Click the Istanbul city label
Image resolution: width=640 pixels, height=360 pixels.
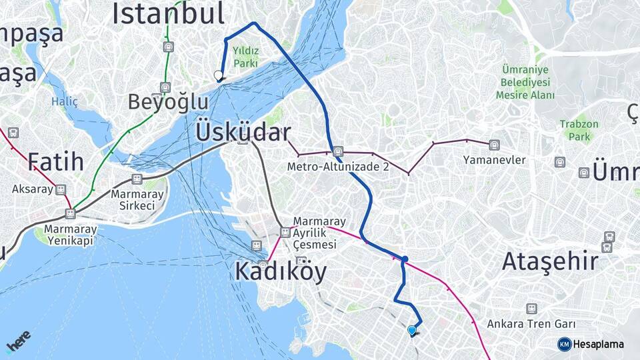pyautogui.click(x=168, y=13)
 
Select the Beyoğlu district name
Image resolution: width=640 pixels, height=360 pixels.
pyautogui.click(x=168, y=103)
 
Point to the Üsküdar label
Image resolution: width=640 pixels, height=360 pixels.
pyautogui.click(x=243, y=132)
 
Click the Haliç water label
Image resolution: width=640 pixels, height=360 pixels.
pyautogui.click(x=65, y=102)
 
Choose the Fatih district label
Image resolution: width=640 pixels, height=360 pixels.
pyautogui.click(x=55, y=161)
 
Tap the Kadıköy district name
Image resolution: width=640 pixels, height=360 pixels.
pyautogui.click(x=281, y=271)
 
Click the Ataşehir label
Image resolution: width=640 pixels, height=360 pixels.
pyautogui.click(x=550, y=261)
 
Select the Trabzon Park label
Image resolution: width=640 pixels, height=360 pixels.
pyautogui.click(x=579, y=130)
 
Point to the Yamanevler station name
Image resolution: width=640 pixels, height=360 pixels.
pyautogui.click(x=495, y=160)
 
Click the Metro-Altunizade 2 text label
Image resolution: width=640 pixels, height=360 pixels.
pyautogui.click(x=339, y=167)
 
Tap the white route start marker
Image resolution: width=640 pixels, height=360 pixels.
pyautogui.click(x=218, y=75)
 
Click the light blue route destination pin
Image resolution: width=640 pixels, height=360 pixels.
pyautogui.click(x=412, y=330)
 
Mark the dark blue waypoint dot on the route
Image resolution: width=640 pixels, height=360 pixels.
pyautogui.click(x=405, y=259)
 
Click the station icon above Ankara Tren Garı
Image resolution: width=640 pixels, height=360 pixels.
pyautogui.click(x=531, y=309)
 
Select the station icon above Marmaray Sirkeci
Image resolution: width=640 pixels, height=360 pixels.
pyautogui.click(x=137, y=179)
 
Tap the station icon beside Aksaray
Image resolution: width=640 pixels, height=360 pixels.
pyautogui.click(x=61, y=189)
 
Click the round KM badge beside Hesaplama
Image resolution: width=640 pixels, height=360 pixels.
pyautogui.click(x=564, y=344)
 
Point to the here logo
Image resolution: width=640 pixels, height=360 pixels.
pyautogui.click(x=18, y=341)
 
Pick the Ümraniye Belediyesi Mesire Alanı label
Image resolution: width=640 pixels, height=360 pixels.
pyautogui.click(x=525, y=83)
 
